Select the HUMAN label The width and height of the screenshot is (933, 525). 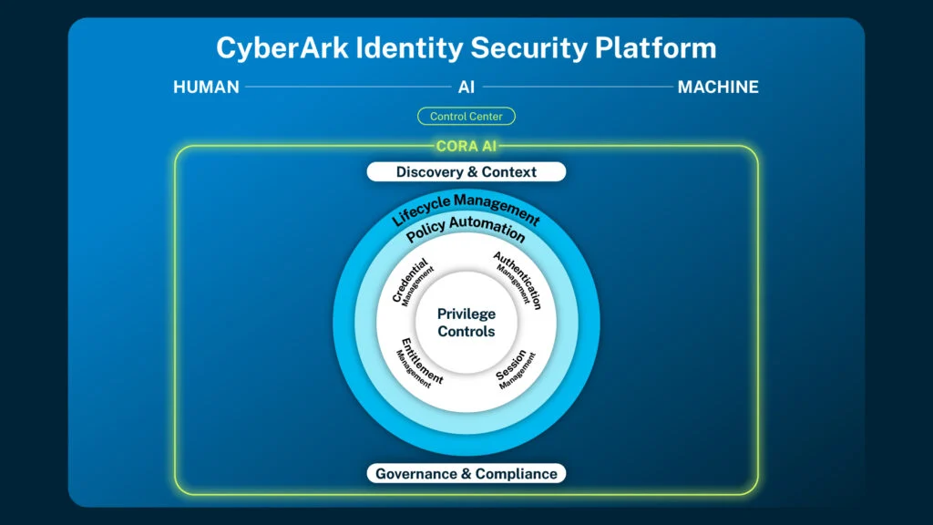tap(206, 87)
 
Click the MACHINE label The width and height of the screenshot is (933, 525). tap(718, 87)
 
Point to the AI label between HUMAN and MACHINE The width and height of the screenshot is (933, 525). tap(466, 87)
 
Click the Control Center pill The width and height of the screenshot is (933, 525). tap(466, 116)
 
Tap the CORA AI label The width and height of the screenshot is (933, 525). tap(466, 146)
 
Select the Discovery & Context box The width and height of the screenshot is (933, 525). tap(466, 172)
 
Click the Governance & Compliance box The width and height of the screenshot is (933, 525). tap(466, 474)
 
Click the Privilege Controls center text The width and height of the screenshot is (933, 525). tap(466, 323)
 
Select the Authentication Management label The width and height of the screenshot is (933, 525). tap(518, 280)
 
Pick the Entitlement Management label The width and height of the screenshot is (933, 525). tap(419, 364)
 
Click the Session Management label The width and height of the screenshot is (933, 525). tap(516, 369)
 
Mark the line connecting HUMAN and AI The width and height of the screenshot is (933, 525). tap(348, 87)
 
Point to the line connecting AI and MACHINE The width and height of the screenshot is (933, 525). tap(577, 87)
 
